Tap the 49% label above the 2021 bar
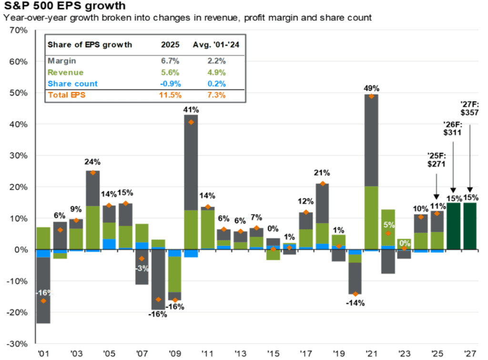point(371,88)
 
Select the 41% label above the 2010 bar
point(191,110)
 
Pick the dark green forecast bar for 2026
point(454,226)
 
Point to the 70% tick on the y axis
point(19,30)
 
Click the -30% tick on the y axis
point(19,344)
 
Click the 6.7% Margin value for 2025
point(170,60)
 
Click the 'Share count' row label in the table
point(72,83)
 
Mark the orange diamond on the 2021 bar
point(371,96)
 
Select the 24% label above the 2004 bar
point(93,161)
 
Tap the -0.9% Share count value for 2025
point(170,83)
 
